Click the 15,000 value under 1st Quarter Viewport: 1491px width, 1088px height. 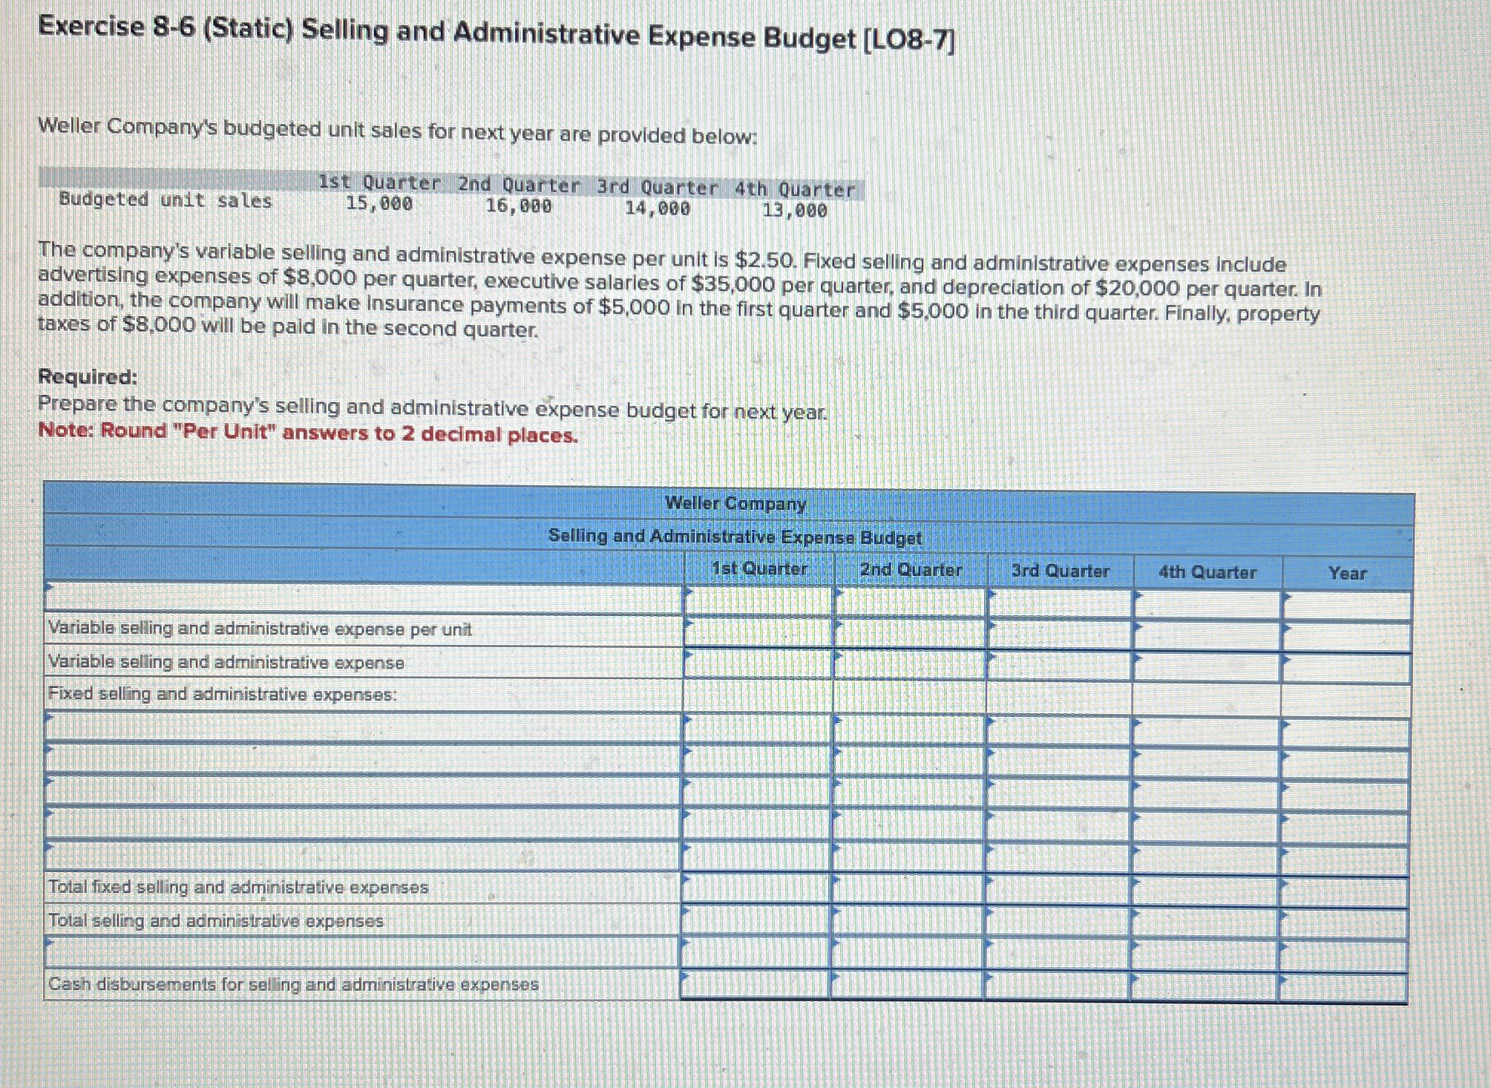click(379, 203)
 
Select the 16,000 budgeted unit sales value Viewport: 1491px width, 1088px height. click(519, 206)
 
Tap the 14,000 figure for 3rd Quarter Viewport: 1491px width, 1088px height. click(658, 209)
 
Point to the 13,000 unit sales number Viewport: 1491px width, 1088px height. click(795, 211)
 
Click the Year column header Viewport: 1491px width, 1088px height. click(1347, 573)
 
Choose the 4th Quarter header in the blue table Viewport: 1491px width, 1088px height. click(1207, 572)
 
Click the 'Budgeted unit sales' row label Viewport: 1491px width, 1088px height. click(166, 200)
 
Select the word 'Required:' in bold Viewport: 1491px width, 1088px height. click(88, 377)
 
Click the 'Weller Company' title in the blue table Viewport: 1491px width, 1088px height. click(735, 503)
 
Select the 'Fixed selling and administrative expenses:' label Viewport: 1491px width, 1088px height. click(223, 695)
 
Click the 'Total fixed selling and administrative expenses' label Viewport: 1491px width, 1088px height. click(238, 887)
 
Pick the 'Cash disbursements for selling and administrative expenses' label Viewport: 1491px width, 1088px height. click(293, 985)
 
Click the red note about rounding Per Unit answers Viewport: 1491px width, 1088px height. click(308, 433)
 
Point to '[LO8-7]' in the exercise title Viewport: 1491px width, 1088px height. click(909, 39)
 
